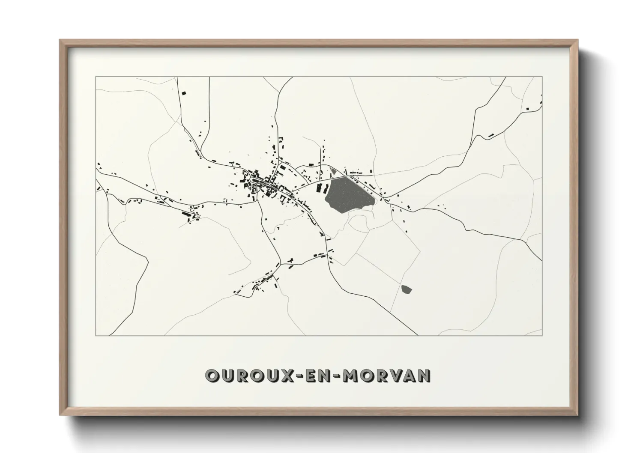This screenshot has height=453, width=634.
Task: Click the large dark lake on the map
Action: coord(348,195)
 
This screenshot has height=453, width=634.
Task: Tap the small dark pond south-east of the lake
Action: coord(406,289)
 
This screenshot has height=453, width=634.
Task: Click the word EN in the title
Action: coord(318,376)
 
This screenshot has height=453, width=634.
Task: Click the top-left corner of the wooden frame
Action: coord(60,40)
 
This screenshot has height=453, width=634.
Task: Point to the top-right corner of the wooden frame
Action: coord(577,40)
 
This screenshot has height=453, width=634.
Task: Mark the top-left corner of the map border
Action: coord(96,77)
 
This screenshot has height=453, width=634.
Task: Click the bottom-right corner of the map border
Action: coord(542,335)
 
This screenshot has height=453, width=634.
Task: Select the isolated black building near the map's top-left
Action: coord(184,92)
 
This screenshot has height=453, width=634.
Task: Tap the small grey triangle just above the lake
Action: coord(334,172)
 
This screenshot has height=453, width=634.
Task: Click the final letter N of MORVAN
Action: coord(423,376)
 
